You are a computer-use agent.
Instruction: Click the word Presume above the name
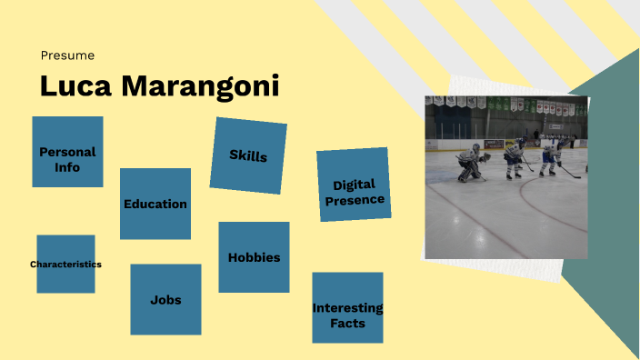67,55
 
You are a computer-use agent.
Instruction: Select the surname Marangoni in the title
199,86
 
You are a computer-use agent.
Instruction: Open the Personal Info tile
67,152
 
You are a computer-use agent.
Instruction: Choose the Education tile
155,204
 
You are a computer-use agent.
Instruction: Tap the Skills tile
248,155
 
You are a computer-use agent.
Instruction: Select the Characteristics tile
65,264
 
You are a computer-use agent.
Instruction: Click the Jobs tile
165,299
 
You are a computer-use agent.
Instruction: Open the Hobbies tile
254,257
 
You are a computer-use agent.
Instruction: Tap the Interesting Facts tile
347,308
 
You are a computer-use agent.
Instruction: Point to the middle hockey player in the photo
514,157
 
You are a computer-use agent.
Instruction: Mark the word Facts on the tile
348,323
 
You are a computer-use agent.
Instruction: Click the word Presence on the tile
355,200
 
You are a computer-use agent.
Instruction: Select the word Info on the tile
67,167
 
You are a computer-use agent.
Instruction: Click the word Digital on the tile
354,185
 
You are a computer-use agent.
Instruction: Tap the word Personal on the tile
67,152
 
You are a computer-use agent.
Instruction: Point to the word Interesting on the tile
347,308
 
